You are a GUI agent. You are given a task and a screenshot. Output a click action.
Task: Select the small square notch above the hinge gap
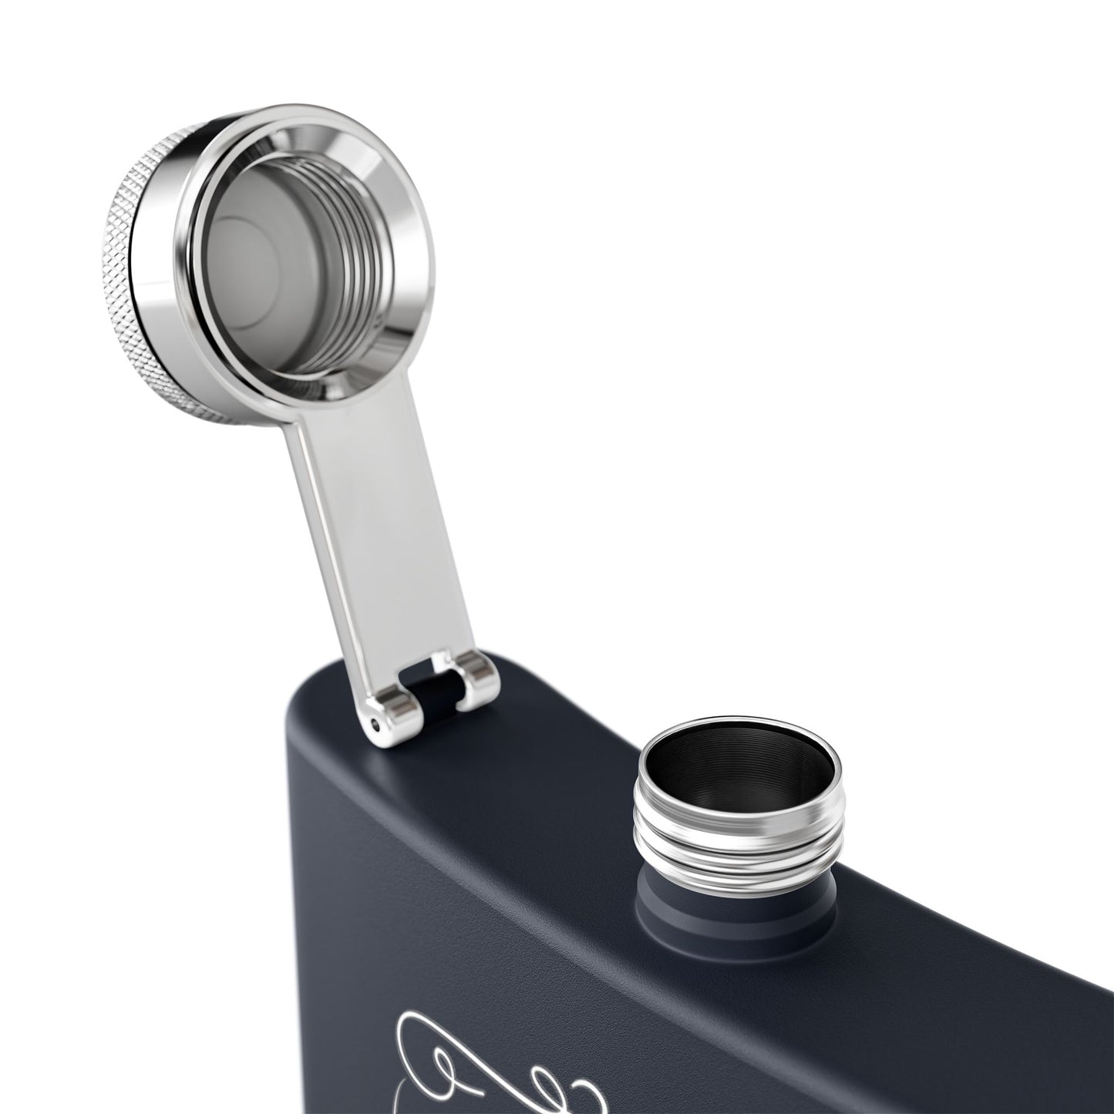click(442, 659)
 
